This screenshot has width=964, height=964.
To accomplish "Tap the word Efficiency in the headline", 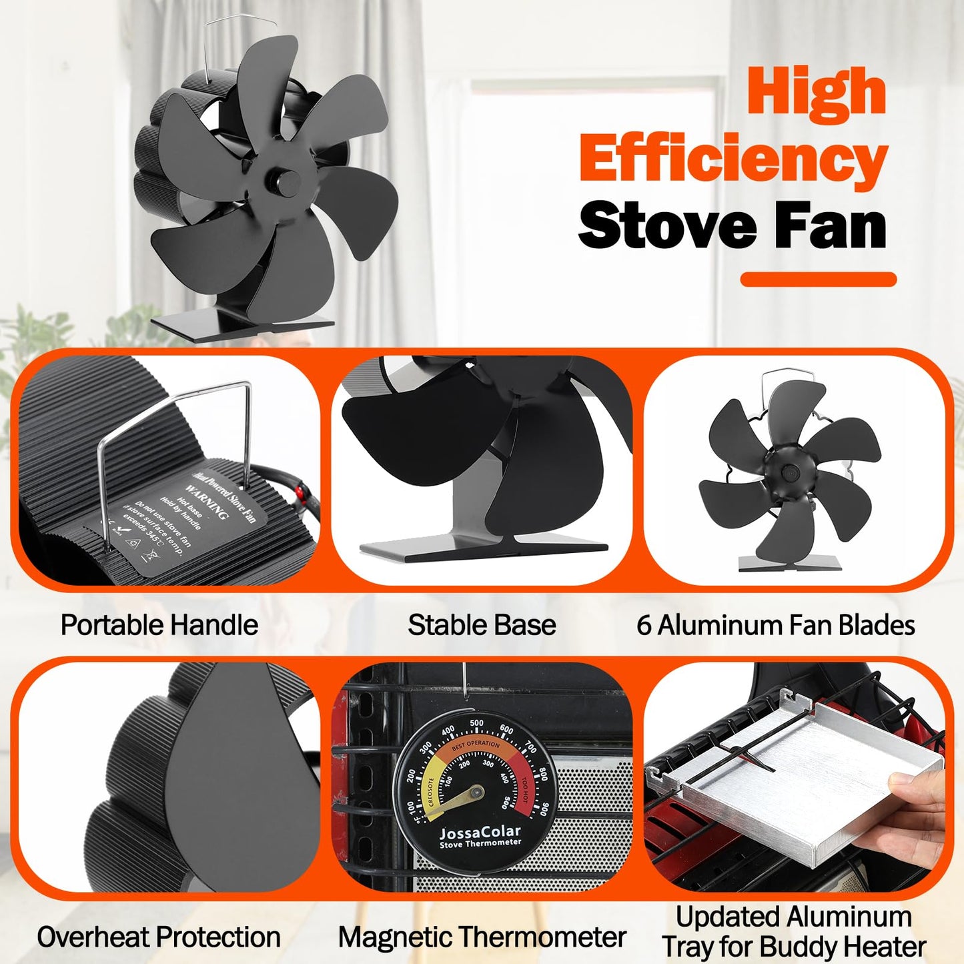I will (x=733, y=159).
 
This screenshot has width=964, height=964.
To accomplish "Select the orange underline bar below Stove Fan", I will (x=818, y=280).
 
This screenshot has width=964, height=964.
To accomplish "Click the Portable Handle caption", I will (x=159, y=625).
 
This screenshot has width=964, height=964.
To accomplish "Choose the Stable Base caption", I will (x=482, y=625).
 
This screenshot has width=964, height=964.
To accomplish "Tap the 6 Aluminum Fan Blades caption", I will (x=775, y=625).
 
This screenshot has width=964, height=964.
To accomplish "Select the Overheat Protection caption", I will (x=159, y=937).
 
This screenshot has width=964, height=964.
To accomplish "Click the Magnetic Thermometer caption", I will (x=482, y=937).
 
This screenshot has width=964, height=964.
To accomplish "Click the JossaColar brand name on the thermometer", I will (x=480, y=832).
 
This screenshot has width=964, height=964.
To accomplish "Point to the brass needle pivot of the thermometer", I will (x=476, y=793).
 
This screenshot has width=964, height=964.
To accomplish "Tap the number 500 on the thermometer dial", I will (x=476, y=723).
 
